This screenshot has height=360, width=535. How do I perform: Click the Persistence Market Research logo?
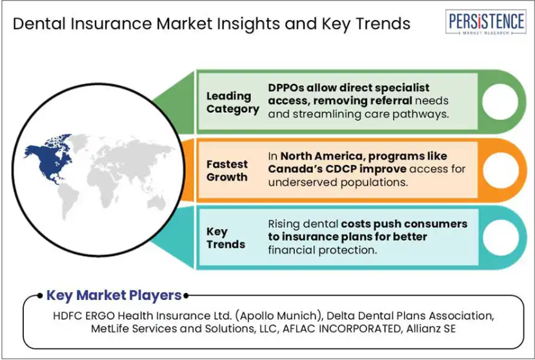pos(485,22)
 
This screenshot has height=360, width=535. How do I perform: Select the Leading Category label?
pos(233,103)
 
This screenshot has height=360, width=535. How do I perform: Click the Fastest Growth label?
pos(227,170)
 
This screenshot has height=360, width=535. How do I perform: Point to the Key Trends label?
pos(225,238)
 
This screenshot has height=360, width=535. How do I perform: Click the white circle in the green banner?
pos(500,101)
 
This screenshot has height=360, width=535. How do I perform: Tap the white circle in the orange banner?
pos(501,170)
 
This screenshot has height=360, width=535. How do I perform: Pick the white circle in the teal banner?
pos(501,237)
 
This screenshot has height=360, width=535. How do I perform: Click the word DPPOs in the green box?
pos(286,88)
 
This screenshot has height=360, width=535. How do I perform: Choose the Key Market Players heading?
pos(114,295)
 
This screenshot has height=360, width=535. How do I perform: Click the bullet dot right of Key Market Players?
pos(186,295)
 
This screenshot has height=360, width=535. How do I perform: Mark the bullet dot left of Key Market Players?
pos(40,295)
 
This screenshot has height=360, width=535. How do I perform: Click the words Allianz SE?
pos(430,328)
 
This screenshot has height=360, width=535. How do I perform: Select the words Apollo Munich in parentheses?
pos(278,315)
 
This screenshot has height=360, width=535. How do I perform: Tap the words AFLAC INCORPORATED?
pos(341,328)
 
